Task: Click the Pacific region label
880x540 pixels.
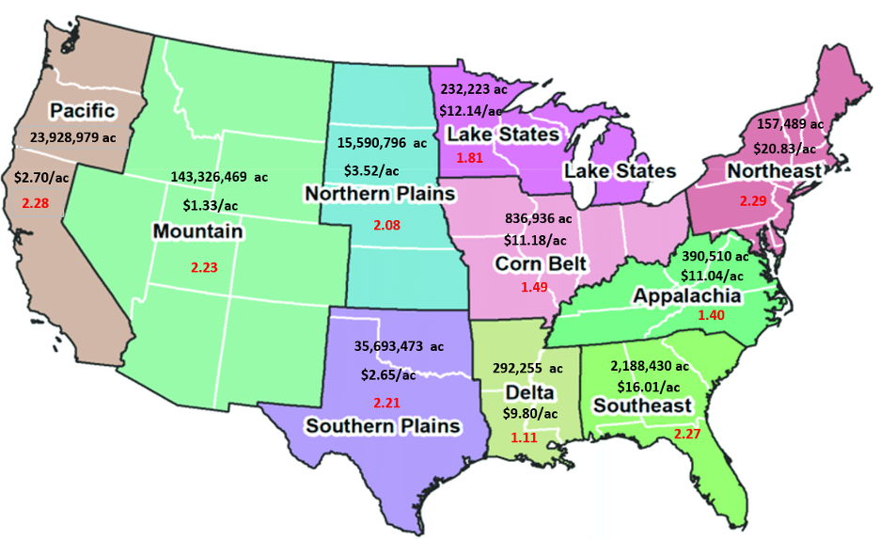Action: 83,111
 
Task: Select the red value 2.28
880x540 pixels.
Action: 36,203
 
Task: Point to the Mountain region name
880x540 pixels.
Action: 197,230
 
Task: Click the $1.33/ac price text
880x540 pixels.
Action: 211,204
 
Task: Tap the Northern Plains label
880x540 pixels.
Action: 379,194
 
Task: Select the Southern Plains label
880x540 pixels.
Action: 383,426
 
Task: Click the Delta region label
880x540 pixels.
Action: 528,392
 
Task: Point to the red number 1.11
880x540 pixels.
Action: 524,437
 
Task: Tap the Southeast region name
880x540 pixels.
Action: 641,406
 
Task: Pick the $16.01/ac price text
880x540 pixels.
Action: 648,386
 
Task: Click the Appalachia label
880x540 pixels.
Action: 687,296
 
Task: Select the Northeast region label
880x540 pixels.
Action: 774,171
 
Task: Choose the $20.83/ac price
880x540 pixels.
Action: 784,148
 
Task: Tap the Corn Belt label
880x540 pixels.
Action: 541,263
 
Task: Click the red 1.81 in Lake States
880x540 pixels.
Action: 469,157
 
